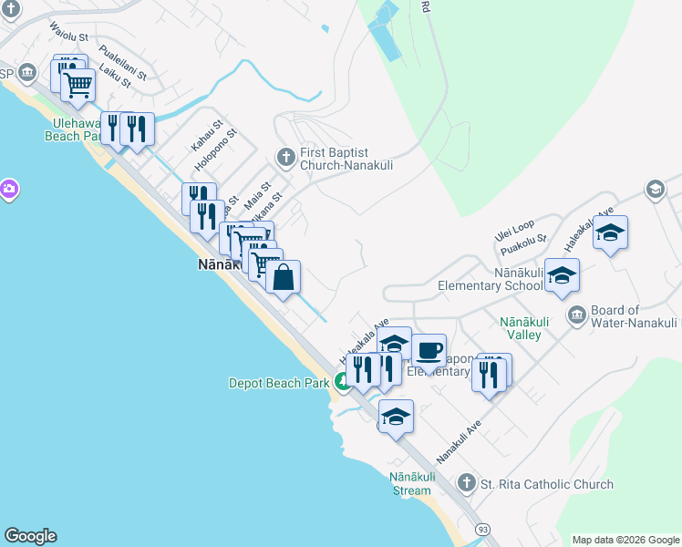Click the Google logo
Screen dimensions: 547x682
(30, 536)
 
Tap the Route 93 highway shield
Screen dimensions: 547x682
(480, 530)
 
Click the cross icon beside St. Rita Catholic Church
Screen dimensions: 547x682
(467, 483)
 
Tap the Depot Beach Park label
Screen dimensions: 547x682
(278, 384)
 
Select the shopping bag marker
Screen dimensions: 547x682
(284, 277)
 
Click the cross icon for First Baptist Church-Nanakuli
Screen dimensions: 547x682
(286, 158)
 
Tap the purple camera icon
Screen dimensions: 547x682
(8, 190)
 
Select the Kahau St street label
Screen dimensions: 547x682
(207, 136)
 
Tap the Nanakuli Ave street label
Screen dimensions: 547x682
(458, 440)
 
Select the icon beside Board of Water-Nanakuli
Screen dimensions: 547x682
(576, 316)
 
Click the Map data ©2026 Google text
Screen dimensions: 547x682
(625, 540)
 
